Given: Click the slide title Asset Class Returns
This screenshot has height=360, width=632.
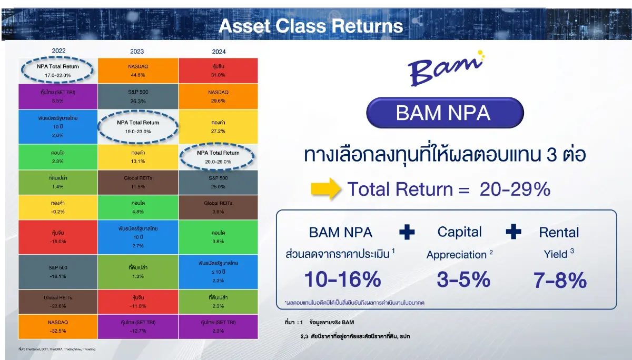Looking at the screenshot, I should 311,26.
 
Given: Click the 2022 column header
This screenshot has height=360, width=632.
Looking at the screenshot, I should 59,51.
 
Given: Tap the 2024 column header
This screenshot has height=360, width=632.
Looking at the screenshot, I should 218,52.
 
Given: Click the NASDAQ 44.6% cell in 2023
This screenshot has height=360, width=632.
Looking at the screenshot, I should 138,70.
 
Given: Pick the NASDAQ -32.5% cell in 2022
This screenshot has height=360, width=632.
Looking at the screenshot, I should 58,327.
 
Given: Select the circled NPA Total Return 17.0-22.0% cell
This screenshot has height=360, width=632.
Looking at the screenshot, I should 58,71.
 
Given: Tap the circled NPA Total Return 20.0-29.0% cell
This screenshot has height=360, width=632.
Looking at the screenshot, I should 218,157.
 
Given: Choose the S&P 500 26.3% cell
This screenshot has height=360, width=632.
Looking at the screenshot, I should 138,96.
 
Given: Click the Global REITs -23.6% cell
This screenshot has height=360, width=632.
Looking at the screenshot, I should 58,301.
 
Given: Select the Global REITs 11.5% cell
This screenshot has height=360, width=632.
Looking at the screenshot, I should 138,182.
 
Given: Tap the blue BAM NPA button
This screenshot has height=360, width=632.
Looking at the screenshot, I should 446,113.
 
